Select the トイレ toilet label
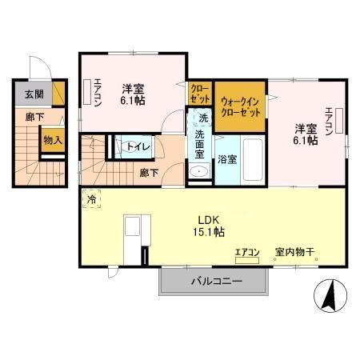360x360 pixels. (128, 146)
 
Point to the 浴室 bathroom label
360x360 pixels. (227, 159)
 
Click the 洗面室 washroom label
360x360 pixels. (200, 146)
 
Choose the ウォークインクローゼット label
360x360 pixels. (241, 106)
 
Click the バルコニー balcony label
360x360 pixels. (216, 282)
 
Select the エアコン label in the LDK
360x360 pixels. (247, 253)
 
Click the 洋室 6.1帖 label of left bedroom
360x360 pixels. (133, 94)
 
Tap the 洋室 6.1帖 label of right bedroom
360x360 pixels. (306, 133)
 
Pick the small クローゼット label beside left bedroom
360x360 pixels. (199, 94)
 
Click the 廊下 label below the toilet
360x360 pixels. (147, 172)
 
